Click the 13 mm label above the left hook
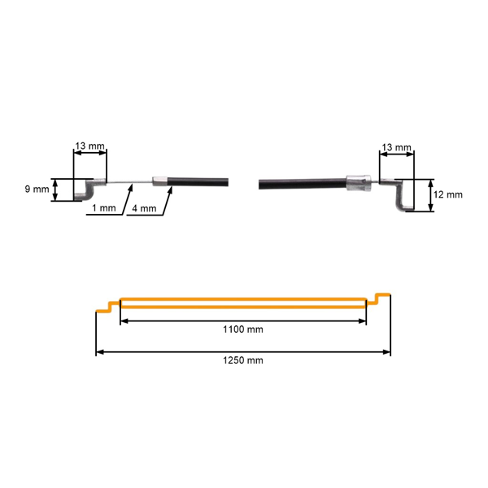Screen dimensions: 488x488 coord(89,146)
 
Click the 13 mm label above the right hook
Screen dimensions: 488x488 coord(396,146)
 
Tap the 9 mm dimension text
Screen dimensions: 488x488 coord(36,189)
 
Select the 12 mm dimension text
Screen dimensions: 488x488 coord(448,194)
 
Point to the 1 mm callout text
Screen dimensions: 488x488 coord(104,208)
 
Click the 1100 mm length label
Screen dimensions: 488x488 coord(243,329)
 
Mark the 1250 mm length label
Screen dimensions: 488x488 coord(243,359)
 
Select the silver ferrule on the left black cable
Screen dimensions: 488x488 coord(161,181)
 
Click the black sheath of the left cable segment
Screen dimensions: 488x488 coord(199,182)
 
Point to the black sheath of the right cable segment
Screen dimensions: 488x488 coord(301,184)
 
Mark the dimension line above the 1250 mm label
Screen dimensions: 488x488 coord(243,352)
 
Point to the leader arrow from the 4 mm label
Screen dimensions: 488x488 coord(168,202)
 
